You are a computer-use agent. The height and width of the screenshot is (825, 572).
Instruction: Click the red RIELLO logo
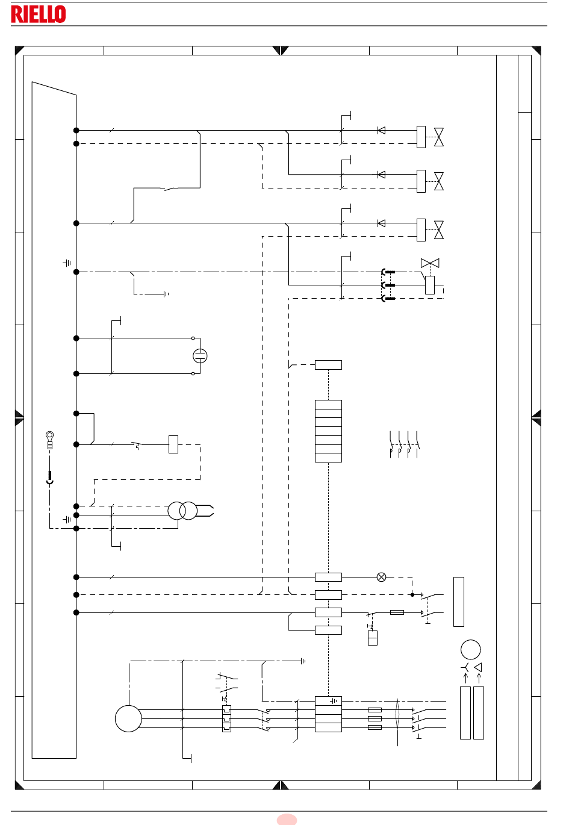(39, 14)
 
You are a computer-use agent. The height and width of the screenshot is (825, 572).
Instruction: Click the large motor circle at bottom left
(128, 718)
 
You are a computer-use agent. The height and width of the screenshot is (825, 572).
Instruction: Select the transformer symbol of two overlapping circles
(182, 511)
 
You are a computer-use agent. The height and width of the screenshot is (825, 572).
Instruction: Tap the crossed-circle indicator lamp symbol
(382, 577)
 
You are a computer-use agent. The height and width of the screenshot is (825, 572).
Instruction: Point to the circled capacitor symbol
(200, 356)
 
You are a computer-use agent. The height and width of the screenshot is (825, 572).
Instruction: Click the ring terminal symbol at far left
(50, 440)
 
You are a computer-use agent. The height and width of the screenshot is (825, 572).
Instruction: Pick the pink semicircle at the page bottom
(287, 820)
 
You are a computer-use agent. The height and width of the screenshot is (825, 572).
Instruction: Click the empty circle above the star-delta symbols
(471, 649)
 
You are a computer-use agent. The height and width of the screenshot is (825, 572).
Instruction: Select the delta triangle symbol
(478, 667)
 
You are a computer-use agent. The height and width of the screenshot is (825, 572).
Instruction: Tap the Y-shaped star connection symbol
(465, 667)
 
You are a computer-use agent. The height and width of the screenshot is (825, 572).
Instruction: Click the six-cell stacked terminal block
(328, 431)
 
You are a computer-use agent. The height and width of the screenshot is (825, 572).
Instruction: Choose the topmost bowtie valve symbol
(439, 137)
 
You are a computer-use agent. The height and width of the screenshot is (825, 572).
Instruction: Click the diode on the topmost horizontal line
(382, 131)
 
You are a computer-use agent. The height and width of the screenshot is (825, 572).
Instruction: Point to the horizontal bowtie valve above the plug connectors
(430, 263)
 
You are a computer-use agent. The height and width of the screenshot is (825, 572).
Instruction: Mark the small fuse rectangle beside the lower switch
(397, 612)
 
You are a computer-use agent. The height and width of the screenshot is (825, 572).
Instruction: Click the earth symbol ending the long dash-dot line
(303, 661)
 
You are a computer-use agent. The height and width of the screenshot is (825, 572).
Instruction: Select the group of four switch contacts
(404, 444)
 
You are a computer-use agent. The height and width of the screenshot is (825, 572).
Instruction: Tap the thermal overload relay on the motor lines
(226, 718)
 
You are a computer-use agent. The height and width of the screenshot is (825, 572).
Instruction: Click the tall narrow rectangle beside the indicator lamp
(459, 602)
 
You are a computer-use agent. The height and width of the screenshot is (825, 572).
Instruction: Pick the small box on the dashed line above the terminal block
(328, 364)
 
